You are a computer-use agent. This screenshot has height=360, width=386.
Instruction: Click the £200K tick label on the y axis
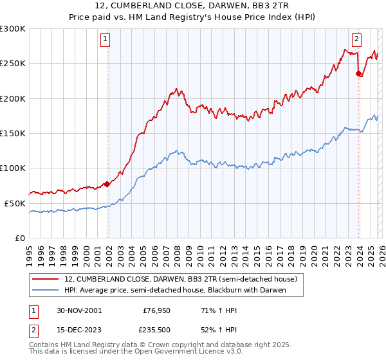13,98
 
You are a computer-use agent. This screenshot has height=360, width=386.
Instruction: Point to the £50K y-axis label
15,203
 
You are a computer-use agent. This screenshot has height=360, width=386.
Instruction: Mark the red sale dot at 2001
107,184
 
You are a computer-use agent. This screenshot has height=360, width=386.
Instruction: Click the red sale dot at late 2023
358,74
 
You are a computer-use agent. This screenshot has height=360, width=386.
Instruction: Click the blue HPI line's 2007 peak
176,151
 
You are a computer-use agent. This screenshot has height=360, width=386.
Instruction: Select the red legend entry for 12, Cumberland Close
180,279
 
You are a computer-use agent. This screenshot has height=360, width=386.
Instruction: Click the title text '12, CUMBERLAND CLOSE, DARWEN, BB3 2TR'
193,6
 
